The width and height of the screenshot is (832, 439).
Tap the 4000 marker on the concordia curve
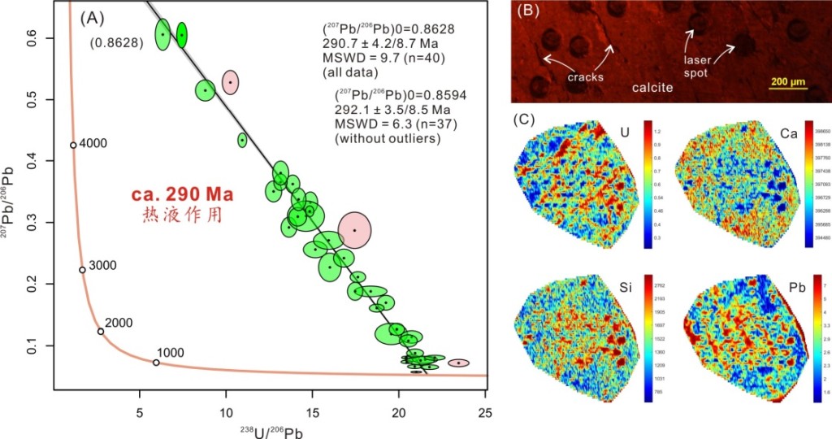coord(73,145)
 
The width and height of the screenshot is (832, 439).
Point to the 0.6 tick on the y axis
coord(36,38)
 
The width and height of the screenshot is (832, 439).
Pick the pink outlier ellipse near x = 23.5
coord(459,363)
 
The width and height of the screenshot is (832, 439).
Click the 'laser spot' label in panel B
coord(697,67)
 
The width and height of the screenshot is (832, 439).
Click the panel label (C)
coord(526,120)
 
